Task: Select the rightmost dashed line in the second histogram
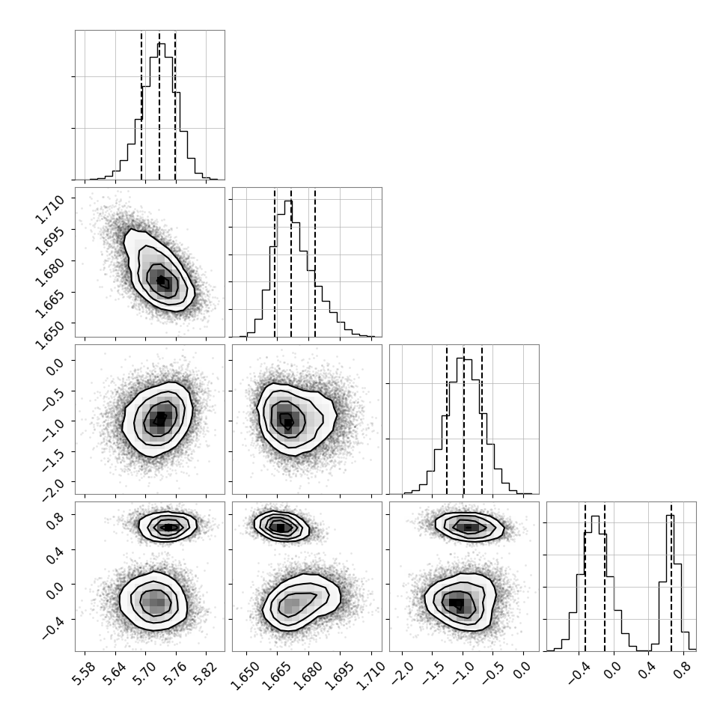pos(315,262)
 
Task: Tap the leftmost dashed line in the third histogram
pos(447,419)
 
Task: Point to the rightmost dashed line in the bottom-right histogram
pos(671,576)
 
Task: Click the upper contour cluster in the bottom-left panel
pos(168,527)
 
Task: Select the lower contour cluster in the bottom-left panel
pos(155,601)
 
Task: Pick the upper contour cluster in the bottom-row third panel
pos(468,527)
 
